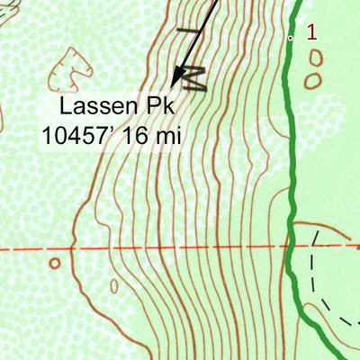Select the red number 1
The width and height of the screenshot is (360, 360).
[x=311, y=33]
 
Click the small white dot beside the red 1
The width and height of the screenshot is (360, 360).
[x=291, y=39]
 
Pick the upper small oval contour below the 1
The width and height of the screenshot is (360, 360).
[x=316, y=58]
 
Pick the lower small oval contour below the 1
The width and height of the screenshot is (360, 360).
[x=312, y=81]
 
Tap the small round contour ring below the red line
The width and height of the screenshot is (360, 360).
[x=55, y=264]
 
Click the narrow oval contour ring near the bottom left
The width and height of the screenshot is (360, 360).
[x=114, y=286]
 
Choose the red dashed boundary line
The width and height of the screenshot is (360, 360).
[x=135, y=246]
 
